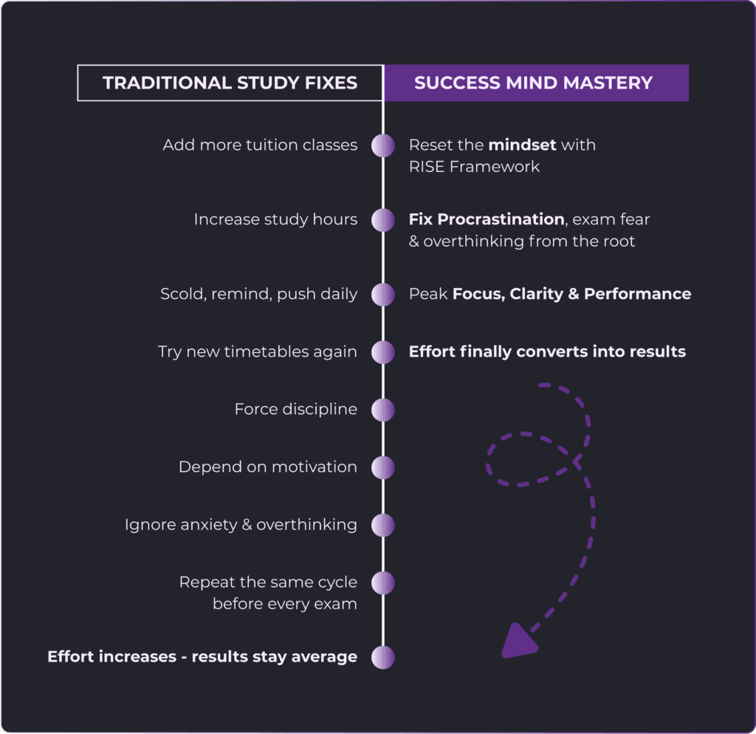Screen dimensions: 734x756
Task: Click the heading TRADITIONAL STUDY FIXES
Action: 230,83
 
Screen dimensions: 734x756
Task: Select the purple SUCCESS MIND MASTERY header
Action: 533,83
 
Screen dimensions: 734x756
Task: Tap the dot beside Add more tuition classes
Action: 382,145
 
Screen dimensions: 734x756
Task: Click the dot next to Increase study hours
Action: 382,219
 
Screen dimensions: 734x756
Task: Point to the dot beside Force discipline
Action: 382,410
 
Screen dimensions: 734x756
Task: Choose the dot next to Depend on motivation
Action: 382,467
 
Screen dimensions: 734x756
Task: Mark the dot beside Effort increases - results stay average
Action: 382,657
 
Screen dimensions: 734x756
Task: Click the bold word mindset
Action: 522,145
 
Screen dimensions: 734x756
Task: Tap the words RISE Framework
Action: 474,167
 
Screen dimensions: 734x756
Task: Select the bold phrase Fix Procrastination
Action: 486,219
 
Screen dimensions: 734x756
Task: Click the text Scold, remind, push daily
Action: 258,294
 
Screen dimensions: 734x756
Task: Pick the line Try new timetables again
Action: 257,352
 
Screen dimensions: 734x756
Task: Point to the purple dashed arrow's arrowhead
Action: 519,641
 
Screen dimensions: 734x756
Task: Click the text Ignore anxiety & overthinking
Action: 241,525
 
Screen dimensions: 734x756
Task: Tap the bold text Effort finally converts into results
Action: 547,352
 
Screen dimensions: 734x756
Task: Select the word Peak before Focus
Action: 427,294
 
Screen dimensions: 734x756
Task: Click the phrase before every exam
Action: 284,604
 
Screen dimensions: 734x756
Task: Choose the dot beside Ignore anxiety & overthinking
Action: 382,525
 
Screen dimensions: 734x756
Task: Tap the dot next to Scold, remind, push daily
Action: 382,295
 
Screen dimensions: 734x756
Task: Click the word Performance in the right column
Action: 637,294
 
